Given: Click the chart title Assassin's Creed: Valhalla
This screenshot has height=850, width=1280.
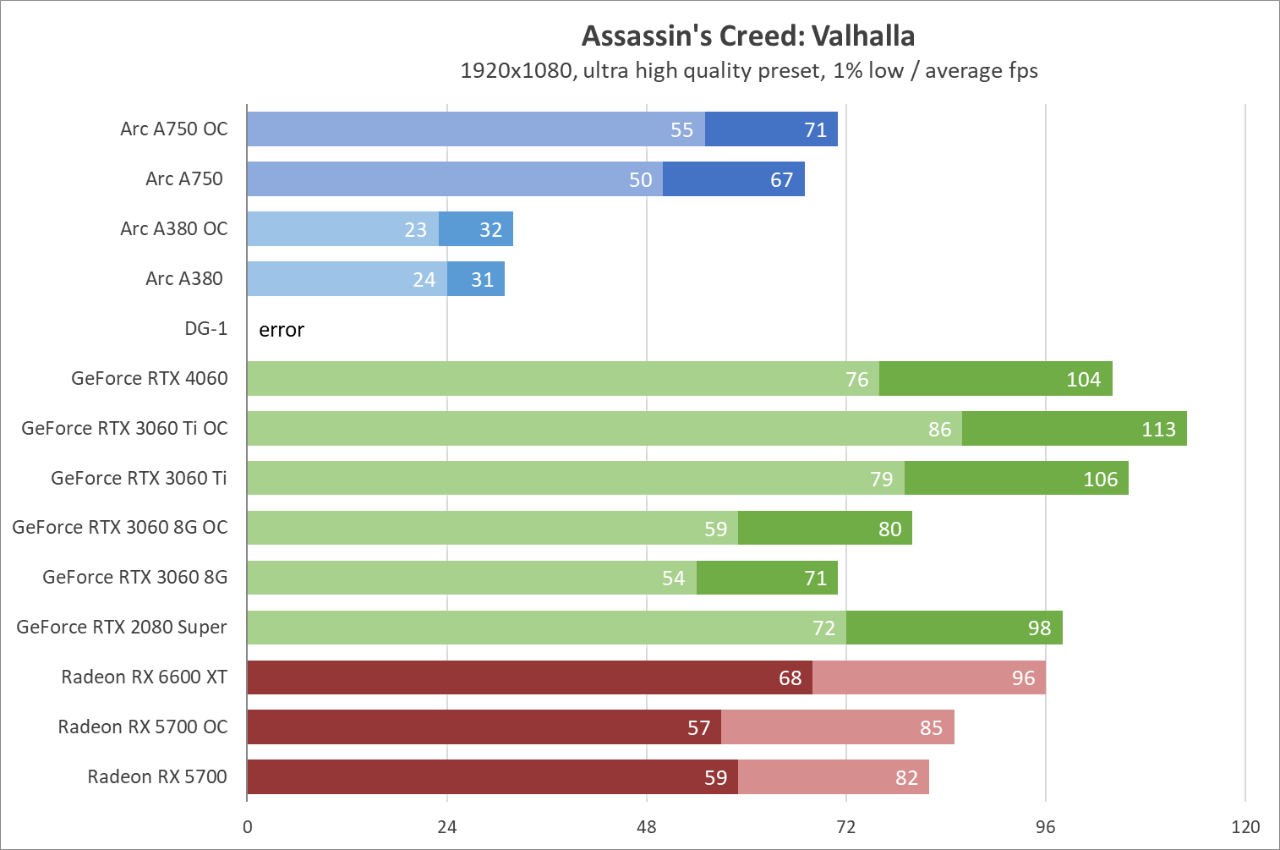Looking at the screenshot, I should tap(748, 36).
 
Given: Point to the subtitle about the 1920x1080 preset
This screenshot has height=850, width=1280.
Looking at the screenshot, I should tap(748, 70).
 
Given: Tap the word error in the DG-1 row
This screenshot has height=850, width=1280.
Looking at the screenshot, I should tap(282, 330).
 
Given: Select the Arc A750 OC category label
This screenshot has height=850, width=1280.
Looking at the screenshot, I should tap(173, 129).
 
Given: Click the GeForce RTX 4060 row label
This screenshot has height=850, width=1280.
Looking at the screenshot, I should tap(149, 378).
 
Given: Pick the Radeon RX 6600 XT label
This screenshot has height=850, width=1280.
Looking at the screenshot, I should tap(144, 677).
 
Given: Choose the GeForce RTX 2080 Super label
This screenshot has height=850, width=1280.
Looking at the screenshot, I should tap(122, 627).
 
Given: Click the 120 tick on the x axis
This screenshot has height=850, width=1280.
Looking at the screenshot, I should tap(1245, 827).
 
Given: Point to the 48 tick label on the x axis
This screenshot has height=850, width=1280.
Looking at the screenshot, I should tap(647, 827).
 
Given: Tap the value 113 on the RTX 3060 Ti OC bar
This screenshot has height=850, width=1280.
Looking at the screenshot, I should tap(1158, 430).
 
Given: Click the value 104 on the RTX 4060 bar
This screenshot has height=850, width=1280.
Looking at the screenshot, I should tap(1083, 380).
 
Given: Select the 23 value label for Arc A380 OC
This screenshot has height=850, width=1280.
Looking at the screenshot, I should tap(415, 230).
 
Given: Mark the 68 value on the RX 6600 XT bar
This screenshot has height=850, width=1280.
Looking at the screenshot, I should tap(790, 678).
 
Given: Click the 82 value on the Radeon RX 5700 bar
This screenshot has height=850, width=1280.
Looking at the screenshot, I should tap(906, 778).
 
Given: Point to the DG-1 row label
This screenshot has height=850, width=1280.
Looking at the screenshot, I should tap(205, 328).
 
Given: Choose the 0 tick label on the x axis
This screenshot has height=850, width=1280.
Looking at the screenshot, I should tap(247, 827).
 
